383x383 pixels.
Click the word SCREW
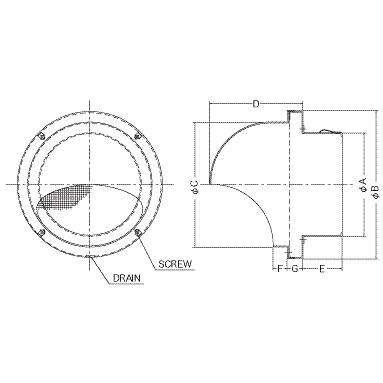[175, 264]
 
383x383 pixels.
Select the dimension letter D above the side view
[257, 103]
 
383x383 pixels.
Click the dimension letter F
[280, 269]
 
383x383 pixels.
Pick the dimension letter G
[294, 269]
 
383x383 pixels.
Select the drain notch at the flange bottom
[91, 255]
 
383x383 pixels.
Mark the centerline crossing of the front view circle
[91, 183]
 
